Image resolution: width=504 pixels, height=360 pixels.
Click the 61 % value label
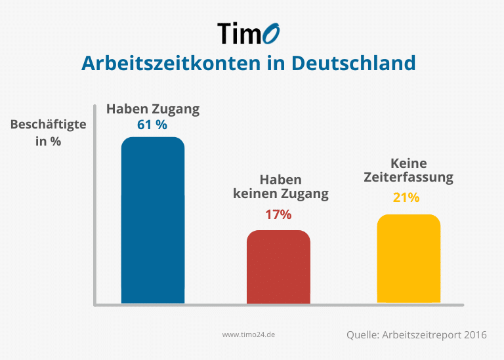point(152,125)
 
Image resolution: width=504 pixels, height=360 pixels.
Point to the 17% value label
point(278,214)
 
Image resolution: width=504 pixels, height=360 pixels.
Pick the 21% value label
point(406,197)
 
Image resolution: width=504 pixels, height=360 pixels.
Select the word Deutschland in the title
point(353,63)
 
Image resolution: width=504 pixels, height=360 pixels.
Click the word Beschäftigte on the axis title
point(49,123)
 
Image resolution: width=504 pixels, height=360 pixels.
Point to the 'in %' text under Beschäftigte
point(49,141)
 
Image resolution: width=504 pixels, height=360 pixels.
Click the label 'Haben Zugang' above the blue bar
point(153,109)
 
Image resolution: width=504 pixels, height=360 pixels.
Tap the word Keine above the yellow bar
point(408,163)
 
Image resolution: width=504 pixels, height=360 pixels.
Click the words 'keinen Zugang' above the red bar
point(281,194)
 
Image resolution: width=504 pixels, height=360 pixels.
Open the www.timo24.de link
point(248,334)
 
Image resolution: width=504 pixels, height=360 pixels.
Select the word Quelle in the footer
point(362,335)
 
